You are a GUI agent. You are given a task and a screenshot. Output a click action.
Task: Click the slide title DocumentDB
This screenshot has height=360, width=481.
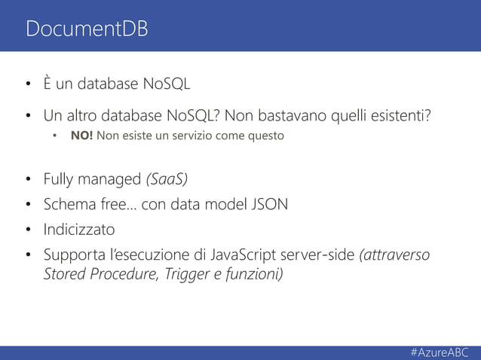87,29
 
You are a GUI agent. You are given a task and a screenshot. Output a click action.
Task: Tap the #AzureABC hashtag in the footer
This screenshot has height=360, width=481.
440,352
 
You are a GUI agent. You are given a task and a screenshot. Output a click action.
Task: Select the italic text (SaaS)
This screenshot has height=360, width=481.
166,179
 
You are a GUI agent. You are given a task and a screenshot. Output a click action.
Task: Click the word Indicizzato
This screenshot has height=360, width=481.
79,229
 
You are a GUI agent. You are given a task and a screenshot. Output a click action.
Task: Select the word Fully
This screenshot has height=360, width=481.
58,179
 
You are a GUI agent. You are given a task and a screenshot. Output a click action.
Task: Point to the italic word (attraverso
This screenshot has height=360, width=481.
397,255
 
